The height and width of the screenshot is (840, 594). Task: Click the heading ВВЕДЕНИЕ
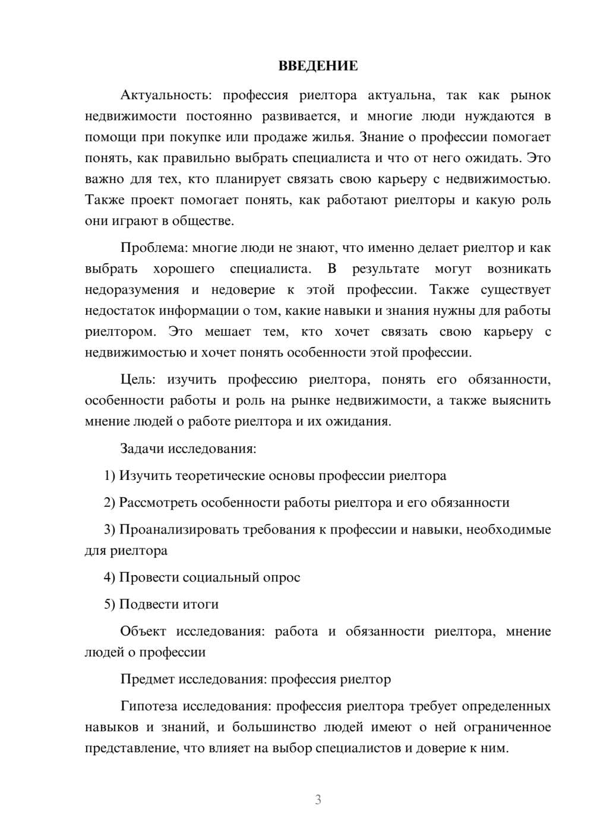[318, 66]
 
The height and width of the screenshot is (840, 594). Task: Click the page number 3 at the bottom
[318, 800]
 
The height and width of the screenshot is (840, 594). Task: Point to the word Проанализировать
[179, 529]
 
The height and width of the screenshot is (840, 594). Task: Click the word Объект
[143, 631]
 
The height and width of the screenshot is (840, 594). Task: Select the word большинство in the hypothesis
[273, 727]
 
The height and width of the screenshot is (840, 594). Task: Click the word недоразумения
[132, 290]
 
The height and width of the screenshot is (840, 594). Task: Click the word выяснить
[521, 400]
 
